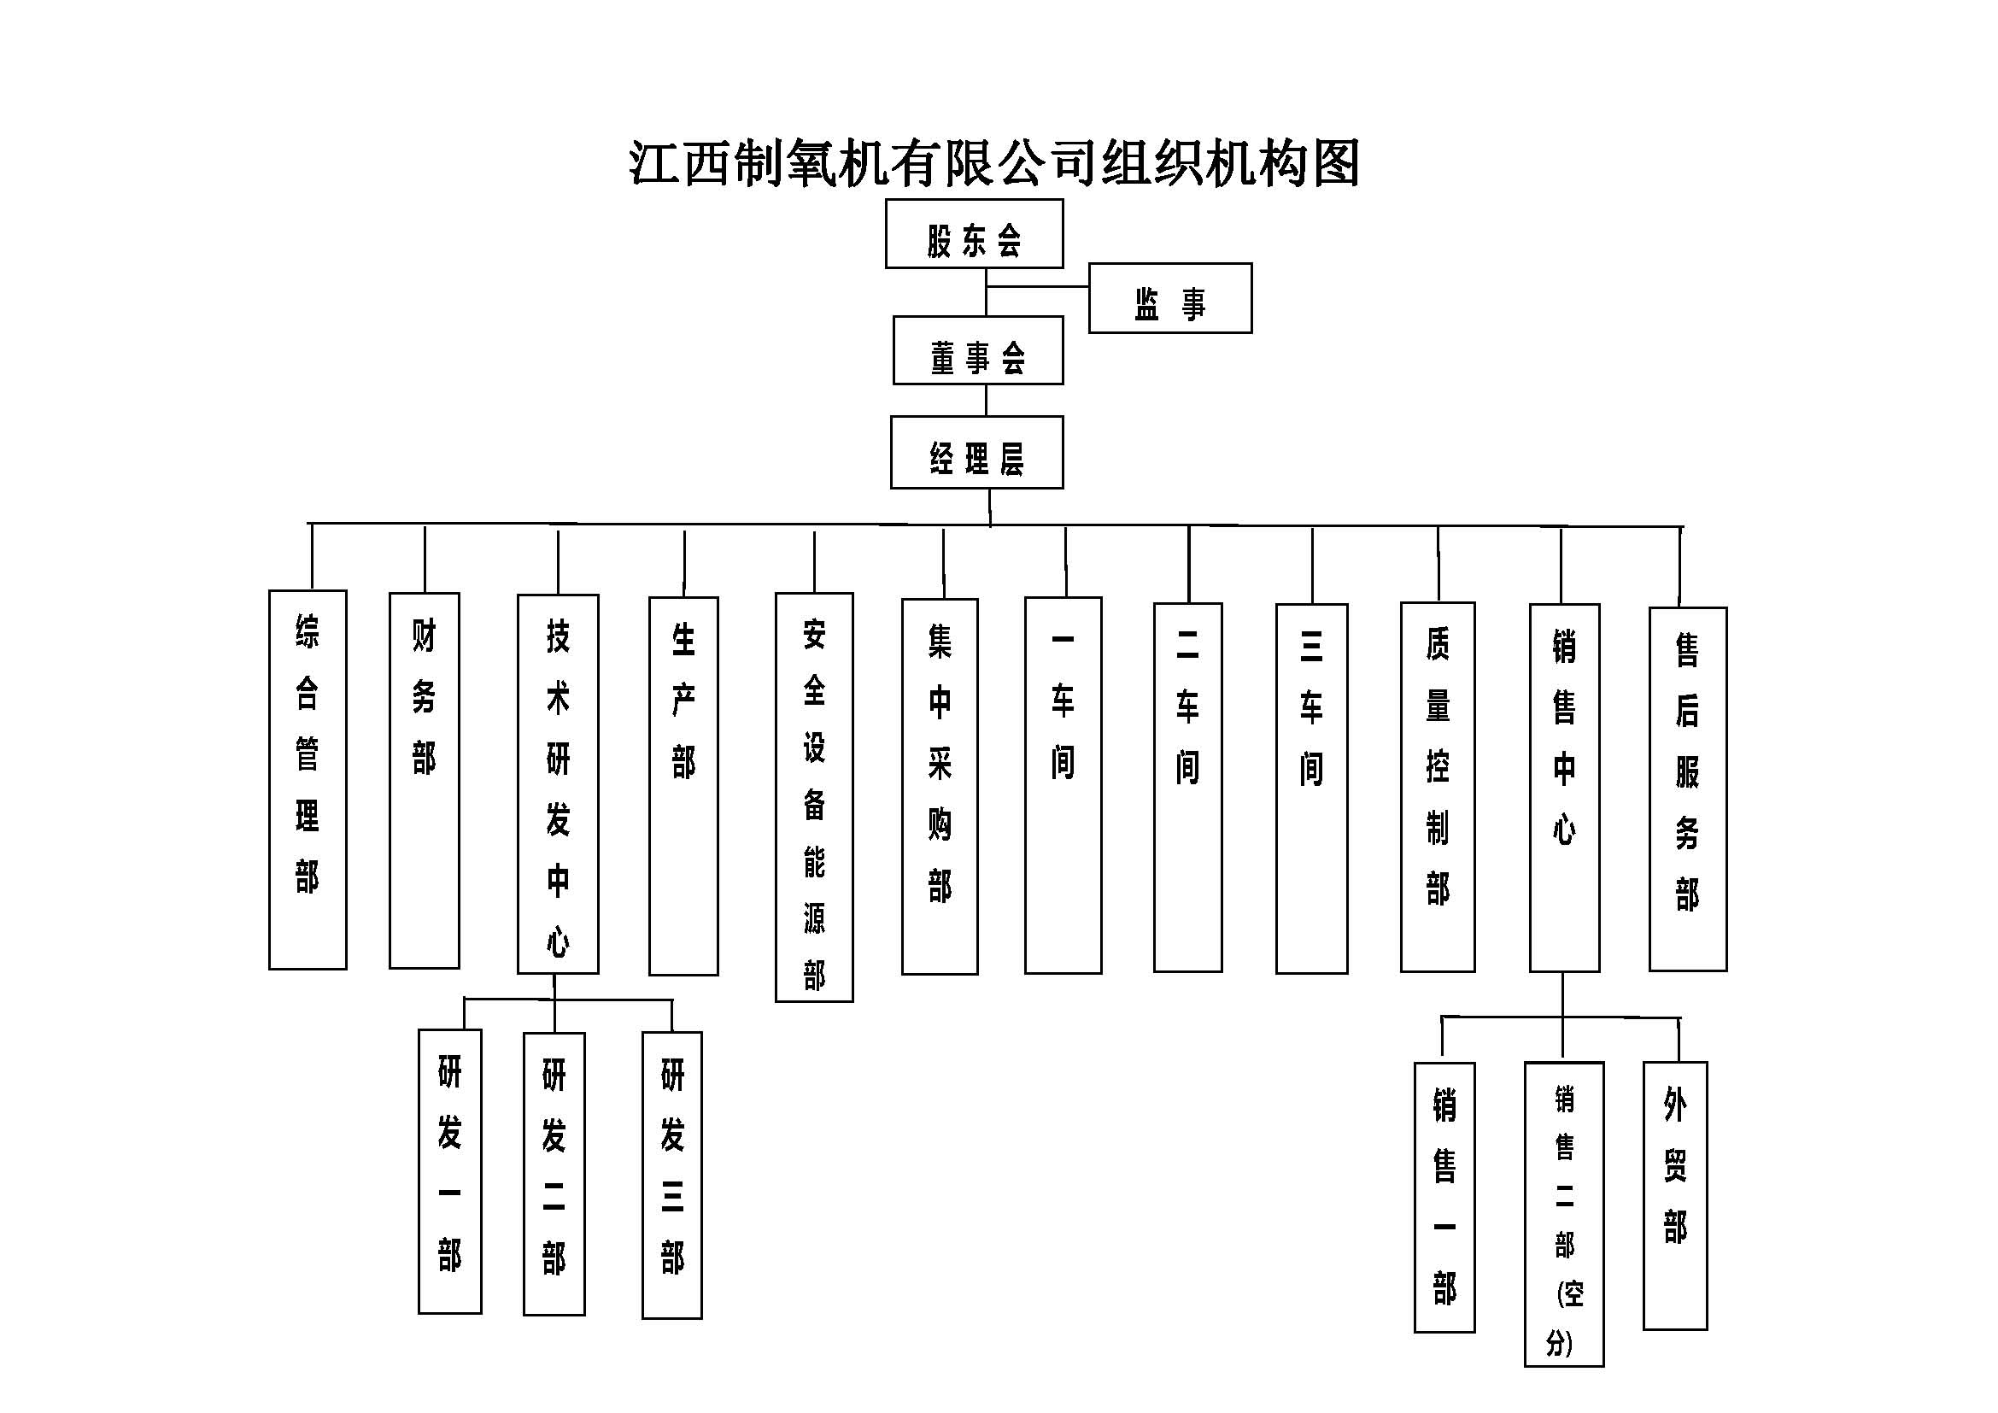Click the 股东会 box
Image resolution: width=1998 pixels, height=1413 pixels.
pos(974,233)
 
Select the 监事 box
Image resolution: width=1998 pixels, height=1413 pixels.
pos(1169,298)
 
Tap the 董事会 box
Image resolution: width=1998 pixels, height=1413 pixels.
pos(978,349)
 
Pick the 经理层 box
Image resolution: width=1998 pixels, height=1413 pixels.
pos(976,453)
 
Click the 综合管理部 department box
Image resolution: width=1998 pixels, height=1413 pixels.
pos(308,780)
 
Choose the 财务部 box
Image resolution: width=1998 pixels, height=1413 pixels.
pos(424,780)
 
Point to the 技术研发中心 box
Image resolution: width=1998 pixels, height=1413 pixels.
pos(558,783)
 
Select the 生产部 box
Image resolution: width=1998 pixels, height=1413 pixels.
pos(683,786)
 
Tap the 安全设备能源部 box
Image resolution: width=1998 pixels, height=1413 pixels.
pos(814,797)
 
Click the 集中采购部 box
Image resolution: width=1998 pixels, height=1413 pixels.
pos(940,787)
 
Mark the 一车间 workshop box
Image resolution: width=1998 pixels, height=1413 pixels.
pos(1063,785)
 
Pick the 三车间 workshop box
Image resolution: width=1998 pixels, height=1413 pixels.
pos(1311,789)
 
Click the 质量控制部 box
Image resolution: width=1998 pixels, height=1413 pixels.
pos(1438,787)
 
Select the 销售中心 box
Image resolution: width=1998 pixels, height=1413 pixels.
pos(1564,788)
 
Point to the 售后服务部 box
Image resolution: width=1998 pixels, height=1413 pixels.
pos(1687,789)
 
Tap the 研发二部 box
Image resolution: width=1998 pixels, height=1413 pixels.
pos(554,1174)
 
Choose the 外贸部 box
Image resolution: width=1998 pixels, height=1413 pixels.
pos(1675,1195)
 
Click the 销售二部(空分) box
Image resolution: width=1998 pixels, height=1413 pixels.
pos(1564,1214)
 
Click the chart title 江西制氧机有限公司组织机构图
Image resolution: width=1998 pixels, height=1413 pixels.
pos(993,162)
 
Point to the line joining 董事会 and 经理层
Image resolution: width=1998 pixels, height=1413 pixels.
pos(986,400)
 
